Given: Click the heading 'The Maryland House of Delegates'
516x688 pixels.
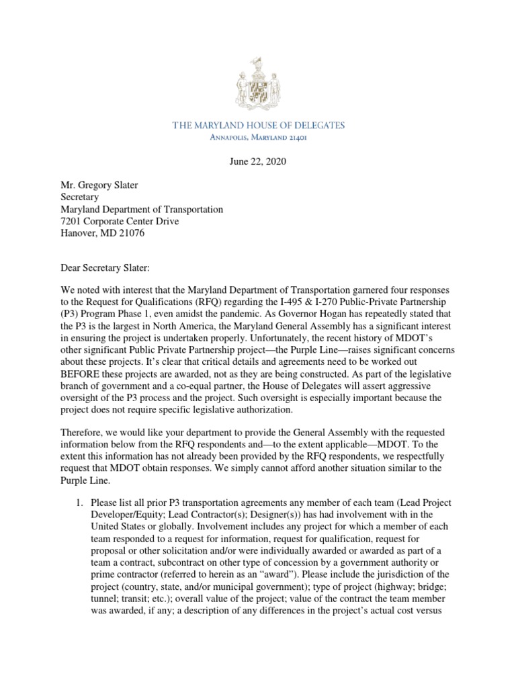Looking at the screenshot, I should [258, 125].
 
